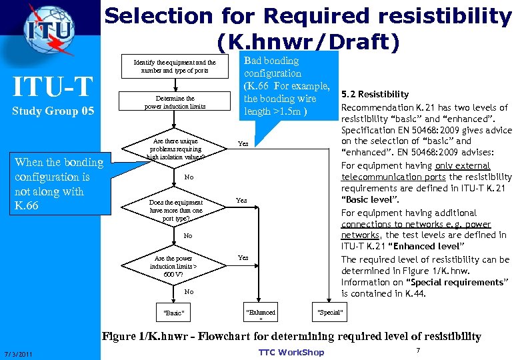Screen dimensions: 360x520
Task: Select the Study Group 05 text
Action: coord(53,111)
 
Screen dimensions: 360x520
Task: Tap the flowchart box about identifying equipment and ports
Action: coord(179,67)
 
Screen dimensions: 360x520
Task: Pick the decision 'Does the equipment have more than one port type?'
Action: coord(176,209)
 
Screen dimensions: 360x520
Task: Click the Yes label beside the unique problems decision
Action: coord(243,143)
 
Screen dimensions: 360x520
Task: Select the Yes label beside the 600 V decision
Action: coord(243,257)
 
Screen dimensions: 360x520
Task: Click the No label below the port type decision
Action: coord(188,235)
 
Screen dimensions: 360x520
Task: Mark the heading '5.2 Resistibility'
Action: coord(375,94)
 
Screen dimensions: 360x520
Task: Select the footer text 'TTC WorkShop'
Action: coord(291,352)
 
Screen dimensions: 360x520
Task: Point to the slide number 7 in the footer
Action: coord(417,350)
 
